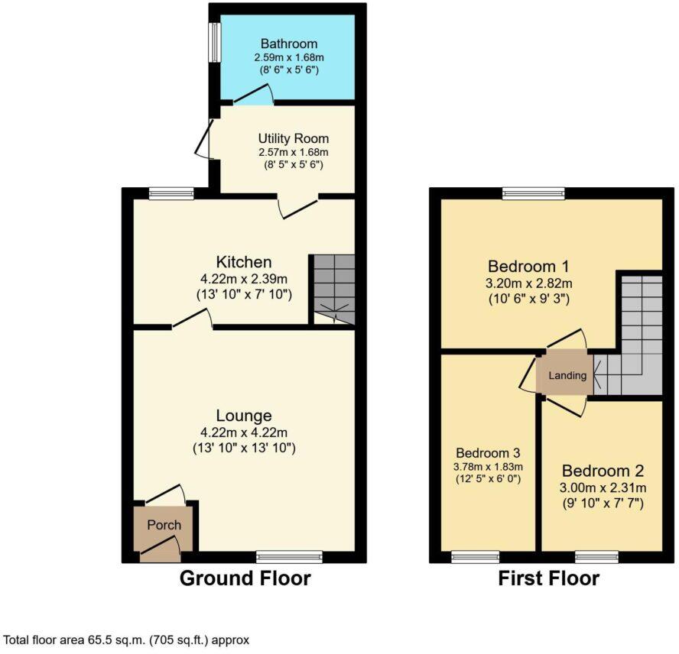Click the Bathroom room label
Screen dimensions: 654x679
[288, 44]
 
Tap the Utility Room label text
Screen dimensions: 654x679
[293, 138]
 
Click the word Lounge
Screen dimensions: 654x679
[244, 416]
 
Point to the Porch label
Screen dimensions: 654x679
[164, 525]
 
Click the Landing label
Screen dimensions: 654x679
[567, 375]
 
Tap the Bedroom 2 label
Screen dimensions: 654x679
[603, 470]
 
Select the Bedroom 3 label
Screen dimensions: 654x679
[488, 452]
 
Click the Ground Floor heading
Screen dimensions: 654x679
[245, 578]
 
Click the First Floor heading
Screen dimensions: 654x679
[548, 578]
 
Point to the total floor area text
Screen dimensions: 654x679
[127, 639]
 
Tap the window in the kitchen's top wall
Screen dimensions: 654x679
[171, 193]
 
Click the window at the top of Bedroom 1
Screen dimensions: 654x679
[534, 193]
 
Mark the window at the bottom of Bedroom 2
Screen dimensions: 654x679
[596, 556]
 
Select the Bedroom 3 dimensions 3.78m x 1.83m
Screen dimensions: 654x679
[488, 467]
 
